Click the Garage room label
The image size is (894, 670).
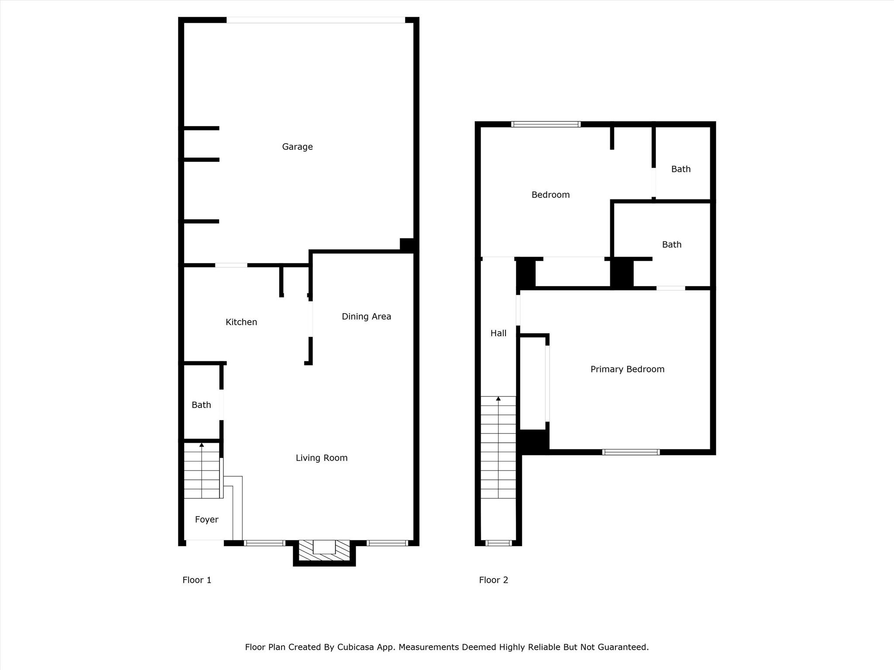(297, 147)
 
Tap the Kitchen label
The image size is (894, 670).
(241, 322)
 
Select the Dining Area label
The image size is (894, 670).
(366, 317)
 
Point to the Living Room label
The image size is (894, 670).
(322, 458)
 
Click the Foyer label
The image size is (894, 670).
(206, 520)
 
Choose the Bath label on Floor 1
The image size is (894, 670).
(201, 405)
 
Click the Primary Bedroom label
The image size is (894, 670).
(627, 369)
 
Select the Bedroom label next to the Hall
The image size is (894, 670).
(550, 195)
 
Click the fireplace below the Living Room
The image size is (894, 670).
(324, 552)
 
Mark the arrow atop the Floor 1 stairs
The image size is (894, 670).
(202, 445)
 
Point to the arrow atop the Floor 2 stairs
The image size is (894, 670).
(498, 399)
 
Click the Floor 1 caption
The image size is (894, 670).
(197, 580)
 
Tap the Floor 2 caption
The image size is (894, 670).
(494, 580)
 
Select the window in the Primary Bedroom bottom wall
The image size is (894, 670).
(631, 452)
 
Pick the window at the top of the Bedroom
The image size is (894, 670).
(546, 124)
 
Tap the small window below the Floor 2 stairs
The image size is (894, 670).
(498, 543)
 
